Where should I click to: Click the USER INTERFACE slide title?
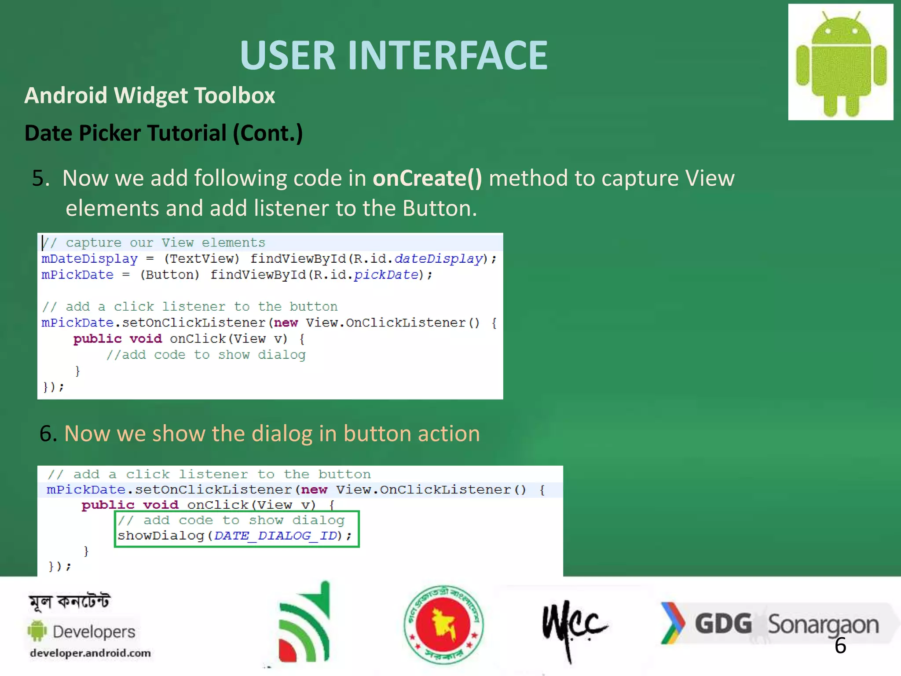pyautogui.click(x=394, y=55)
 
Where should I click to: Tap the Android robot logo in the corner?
pyautogui.click(x=840, y=62)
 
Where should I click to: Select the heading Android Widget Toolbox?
pyautogui.click(x=150, y=96)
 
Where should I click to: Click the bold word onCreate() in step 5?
pyautogui.click(x=427, y=178)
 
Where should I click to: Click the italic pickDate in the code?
pyautogui.click(x=386, y=275)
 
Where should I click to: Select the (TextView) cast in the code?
pyautogui.click(x=201, y=259)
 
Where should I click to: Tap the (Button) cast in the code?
pyautogui.click(x=169, y=275)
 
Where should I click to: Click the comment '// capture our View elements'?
pyautogui.click(x=154, y=242)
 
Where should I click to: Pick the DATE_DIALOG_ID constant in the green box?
pyautogui.click(x=275, y=536)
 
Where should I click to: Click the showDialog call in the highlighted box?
pyautogui.click(x=161, y=536)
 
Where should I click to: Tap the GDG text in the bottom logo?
pyautogui.click(x=723, y=624)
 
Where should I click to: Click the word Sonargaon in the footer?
pyautogui.click(x=823, y=625)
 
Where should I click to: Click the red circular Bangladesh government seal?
pyautogui.click(x=443, y=624)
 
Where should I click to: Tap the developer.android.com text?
pyautogui.click(x=90, y=653)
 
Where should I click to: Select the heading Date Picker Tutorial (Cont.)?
pyautogui.click(x=164, y=133)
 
